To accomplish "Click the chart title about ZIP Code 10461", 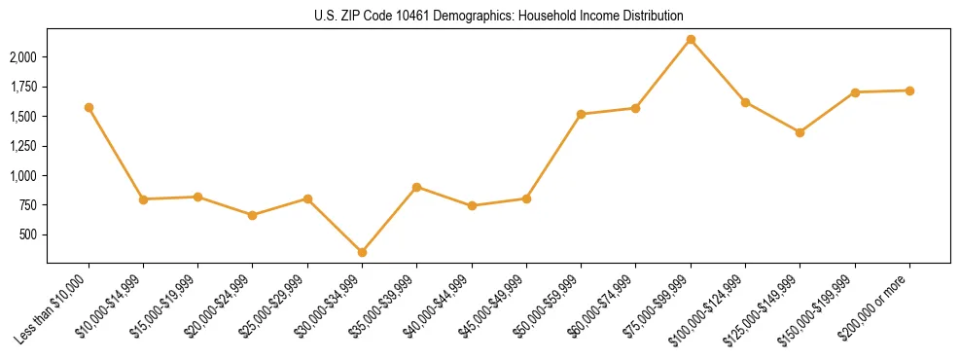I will coord(499,17).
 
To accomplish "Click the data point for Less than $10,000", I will coord(89,107).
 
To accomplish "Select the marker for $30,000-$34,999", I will coord(362,252).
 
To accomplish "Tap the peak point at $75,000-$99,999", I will coord(691,40).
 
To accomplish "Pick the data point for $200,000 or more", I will coord(909,90).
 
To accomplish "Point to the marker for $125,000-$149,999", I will coord(800,132).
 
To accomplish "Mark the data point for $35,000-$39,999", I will coord(416,187).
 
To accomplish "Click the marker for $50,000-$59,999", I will coord(581,114).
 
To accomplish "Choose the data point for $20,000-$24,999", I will coord(253,215).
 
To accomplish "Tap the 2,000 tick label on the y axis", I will coord(23,57).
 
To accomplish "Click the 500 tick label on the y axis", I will coord(28,234).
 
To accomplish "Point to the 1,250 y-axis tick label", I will coord(23,146).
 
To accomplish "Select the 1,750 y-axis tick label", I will coord(23,87).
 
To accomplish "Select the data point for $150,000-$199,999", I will coord(855,92).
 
